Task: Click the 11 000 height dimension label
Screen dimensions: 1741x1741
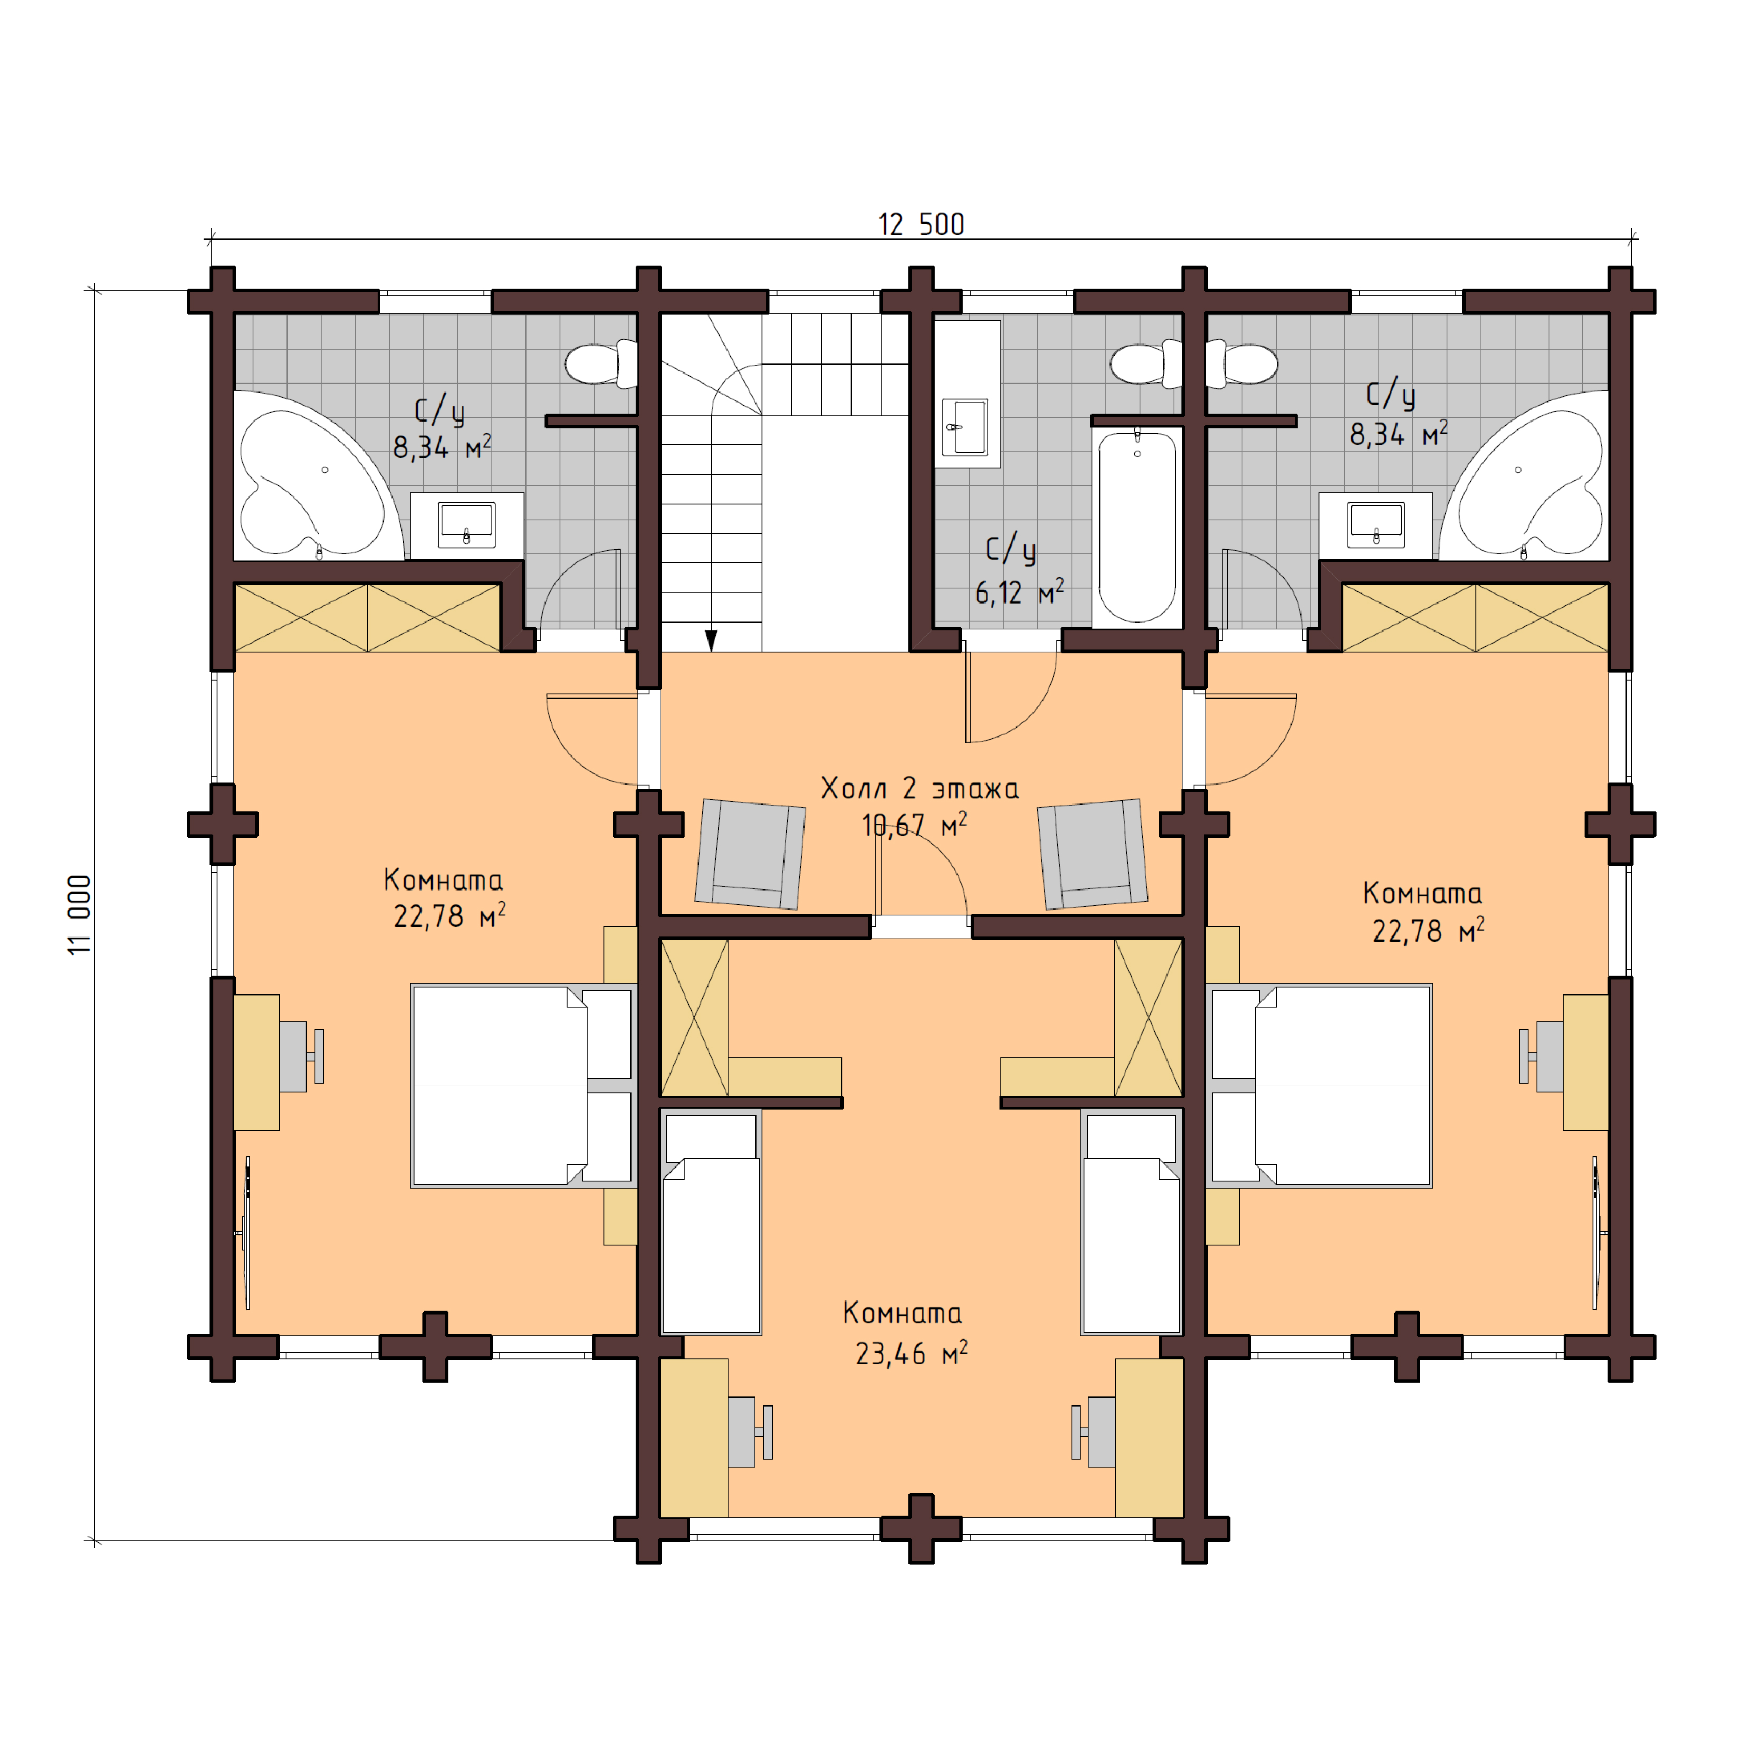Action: tap(79, 915)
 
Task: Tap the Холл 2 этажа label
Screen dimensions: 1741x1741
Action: tap(919, 789)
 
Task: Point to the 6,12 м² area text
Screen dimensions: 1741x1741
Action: tap(1018, 593)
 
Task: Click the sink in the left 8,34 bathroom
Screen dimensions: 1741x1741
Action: tap(466, 523)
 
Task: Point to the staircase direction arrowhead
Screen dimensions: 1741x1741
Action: tap(711, 640)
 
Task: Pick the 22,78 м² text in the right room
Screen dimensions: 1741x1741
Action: tap(1428, 931)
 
